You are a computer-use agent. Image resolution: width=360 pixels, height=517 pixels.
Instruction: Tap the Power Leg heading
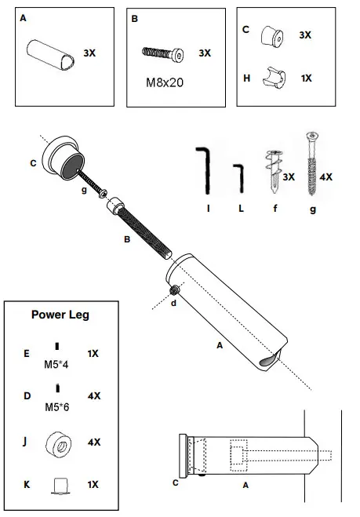pyautogui.click(x=60, y=315)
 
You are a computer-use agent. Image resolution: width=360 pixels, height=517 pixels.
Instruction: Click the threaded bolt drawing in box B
pyautogui.click(x=163, y=54)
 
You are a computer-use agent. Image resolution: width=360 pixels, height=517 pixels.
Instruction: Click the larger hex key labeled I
pyautogui.click(x=206, y=171)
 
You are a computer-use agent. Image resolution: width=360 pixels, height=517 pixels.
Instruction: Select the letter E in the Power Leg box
pyautogui.click(x=27, y=353)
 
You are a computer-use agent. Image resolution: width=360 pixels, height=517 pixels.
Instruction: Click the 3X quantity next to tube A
pyautogui.click(x=91, y=53)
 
